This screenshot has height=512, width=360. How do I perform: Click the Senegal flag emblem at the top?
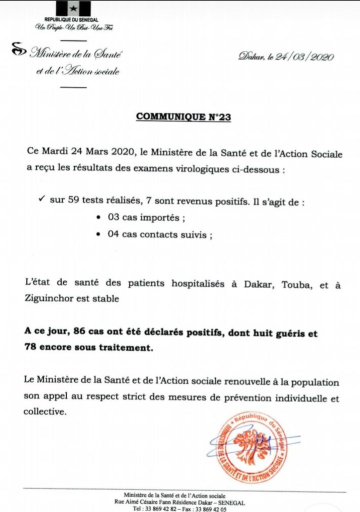[73, 8]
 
